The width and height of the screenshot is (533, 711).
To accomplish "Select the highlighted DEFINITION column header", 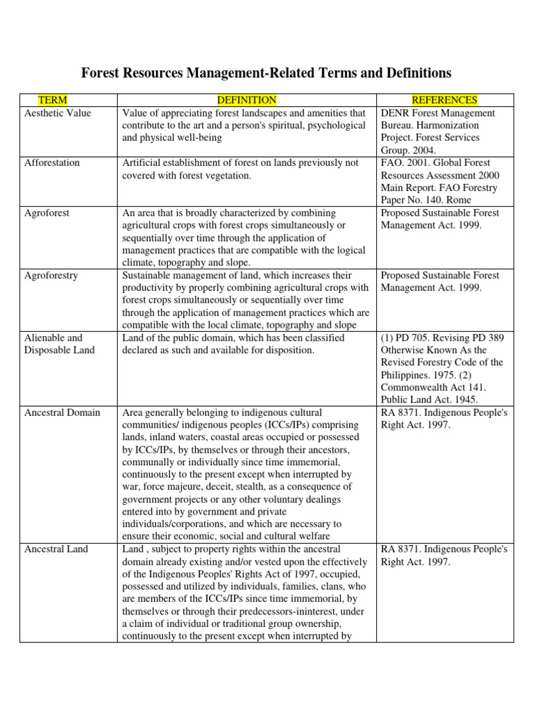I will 246,101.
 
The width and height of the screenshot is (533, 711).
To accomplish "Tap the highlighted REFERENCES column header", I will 444,101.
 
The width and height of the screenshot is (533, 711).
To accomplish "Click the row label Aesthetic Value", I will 58,113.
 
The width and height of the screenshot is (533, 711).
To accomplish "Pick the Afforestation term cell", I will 52,163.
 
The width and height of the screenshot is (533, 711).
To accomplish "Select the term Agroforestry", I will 51,276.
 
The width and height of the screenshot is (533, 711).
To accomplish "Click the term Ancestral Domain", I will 62,412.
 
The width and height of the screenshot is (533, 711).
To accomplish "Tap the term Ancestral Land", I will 56,549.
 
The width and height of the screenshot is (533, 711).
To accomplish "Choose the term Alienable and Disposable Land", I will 59,344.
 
